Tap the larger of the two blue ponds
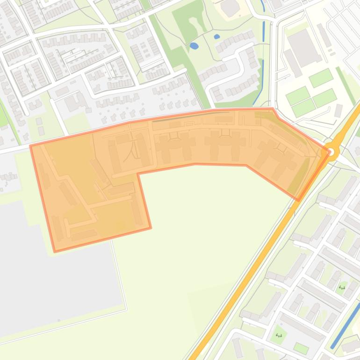point(194,46)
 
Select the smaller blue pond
point(217,36)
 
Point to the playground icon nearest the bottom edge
point(279,335)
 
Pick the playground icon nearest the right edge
point(342,288)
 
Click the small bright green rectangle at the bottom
point(301,348)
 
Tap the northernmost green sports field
point(321,78)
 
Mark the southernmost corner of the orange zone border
point(55,252)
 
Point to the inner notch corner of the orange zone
point(137,173)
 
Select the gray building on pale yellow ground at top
point(230,7)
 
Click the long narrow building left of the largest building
point(293,63)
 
